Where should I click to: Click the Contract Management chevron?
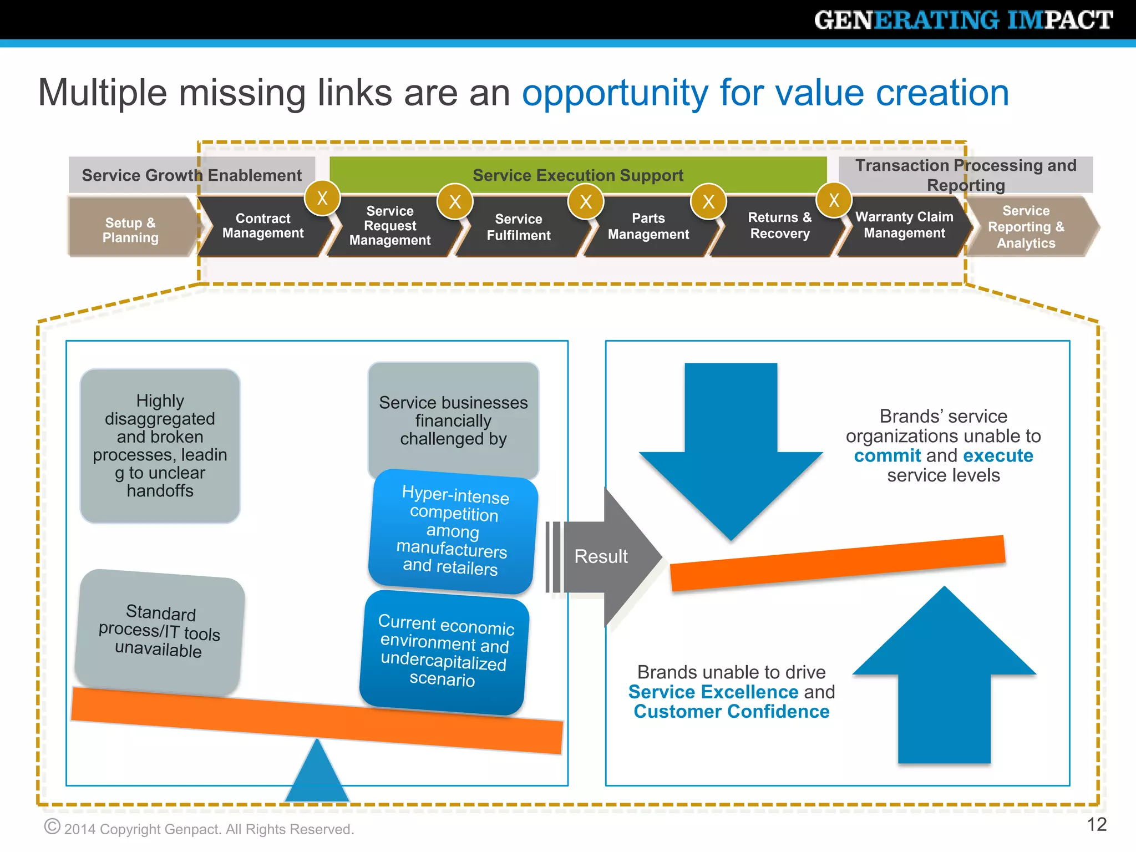[x=263, y=226]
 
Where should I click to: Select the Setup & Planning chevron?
[x=131, y=230]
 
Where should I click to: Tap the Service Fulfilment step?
[x=518, y=227]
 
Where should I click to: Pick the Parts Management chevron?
[x=648, y=226]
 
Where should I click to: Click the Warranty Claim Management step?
[x=904, y=225]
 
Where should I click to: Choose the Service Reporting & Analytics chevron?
[x=1026, y=227]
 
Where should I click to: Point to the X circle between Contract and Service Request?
[x=322, y=199]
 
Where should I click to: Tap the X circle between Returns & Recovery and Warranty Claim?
[x=834, y=201]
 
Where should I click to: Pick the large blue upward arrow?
[x=944, y=682]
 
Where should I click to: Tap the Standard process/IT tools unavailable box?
[x=159, y=632]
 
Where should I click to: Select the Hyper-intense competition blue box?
[x=453, y=531]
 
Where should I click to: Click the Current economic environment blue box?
[x=444, y=651]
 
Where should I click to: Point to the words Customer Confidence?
[x=731, y=712]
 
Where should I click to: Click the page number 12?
[x=1096, y=825]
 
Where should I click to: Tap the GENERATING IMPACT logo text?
[x=963, y=20]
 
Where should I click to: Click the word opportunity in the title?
[x=615, y=93]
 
